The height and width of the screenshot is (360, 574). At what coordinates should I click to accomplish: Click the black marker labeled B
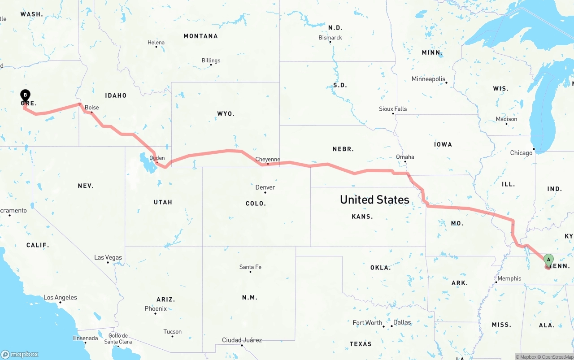[26, 95]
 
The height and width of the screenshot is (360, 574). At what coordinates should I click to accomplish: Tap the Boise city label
[92, 108]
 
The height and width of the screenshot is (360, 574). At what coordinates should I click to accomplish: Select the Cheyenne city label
[268, 159]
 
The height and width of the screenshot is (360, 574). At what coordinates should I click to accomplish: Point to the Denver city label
[265, 187]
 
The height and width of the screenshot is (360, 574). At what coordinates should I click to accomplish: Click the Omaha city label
[405, 157]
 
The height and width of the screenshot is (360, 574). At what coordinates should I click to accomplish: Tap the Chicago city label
[521, 153]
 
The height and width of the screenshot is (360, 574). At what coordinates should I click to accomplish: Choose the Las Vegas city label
[108, 257]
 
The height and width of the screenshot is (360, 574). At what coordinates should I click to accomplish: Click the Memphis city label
[509, 278]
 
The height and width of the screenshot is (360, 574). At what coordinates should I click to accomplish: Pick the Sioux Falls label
[393, 109]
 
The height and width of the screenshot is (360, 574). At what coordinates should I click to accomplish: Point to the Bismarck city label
[330, 38]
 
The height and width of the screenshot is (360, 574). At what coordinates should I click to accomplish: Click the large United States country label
[374, 200]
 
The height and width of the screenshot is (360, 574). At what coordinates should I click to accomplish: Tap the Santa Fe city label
[250, 267]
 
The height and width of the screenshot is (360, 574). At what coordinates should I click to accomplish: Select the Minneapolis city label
[429, 79]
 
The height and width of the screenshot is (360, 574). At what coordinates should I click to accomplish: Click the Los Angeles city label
[60, 297]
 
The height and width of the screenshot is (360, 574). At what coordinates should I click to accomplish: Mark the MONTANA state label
[200, 36]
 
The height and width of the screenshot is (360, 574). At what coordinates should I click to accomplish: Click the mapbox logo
[20, 354]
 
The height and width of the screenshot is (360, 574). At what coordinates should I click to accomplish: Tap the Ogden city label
[157, 158]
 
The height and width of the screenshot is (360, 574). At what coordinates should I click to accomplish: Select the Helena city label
[156, 43]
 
